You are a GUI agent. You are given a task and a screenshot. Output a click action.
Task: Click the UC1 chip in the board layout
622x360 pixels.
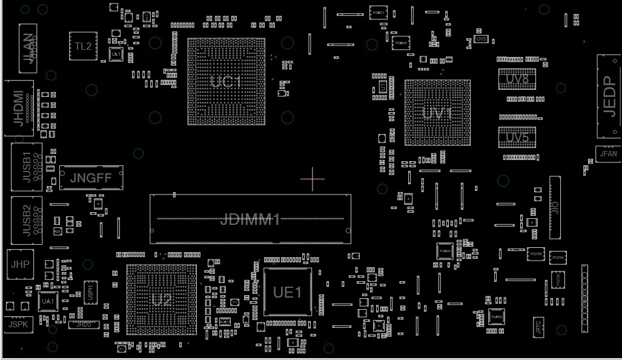point(226,81)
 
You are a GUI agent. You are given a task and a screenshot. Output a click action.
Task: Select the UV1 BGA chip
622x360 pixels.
point(437,113)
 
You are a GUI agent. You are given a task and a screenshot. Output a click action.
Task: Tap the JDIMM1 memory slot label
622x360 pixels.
point(250,219)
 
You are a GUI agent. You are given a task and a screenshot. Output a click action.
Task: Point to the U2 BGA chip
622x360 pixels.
point(162,299)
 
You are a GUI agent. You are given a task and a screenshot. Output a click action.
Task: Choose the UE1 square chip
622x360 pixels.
point(288,292)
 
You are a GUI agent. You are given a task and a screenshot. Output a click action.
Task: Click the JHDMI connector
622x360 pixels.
point(19,108)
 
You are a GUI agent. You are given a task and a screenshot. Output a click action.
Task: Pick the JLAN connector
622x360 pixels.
point(28,45)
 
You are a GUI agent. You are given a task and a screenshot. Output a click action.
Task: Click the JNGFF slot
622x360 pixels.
point(91,178)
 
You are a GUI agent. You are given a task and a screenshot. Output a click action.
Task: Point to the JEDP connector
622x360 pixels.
point(609,97)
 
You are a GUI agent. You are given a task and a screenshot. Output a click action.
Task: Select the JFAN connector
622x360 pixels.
point(608,154)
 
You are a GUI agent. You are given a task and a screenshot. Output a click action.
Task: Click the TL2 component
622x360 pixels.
point(84,46)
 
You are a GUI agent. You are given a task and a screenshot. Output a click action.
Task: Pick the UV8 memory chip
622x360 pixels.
point(517,79)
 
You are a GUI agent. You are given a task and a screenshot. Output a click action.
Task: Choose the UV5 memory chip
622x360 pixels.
point(517,138)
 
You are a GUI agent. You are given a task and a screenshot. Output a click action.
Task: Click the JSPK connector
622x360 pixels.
point(19,324)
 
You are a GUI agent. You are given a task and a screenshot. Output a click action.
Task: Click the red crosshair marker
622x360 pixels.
point(313,179)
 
